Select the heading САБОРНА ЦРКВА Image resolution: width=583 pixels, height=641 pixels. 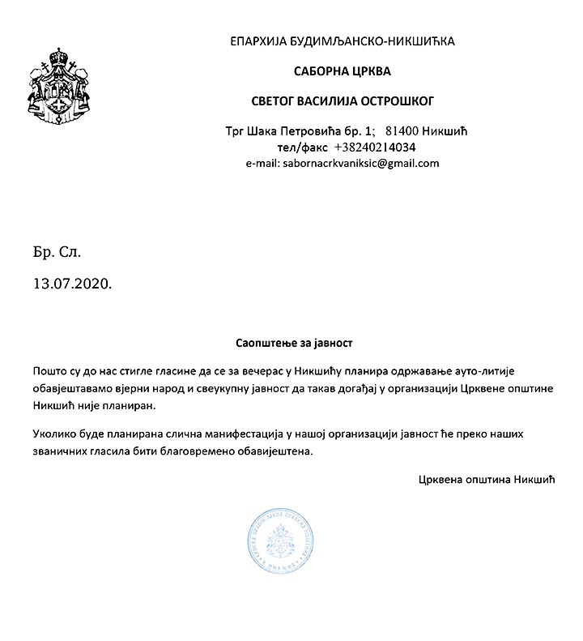click(342, 71)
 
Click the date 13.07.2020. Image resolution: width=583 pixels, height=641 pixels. click(71, 284)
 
